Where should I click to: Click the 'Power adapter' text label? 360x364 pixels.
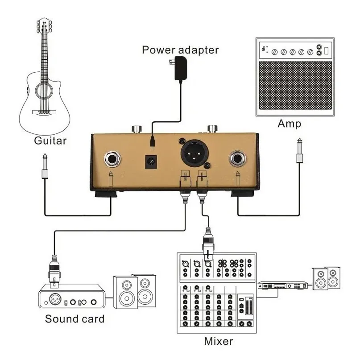pos(180,49)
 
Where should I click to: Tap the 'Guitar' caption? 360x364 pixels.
pos(50,141)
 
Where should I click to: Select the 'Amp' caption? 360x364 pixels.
pos(289,124)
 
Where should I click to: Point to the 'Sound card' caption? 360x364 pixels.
pos(74,318)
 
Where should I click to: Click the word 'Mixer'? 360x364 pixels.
pos(218,341)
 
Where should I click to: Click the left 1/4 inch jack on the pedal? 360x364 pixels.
pos(112,159)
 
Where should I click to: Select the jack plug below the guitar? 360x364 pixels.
pos(45,167)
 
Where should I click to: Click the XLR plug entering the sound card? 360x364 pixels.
pos(54,270)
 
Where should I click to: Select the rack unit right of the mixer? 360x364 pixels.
pos(283,285)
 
